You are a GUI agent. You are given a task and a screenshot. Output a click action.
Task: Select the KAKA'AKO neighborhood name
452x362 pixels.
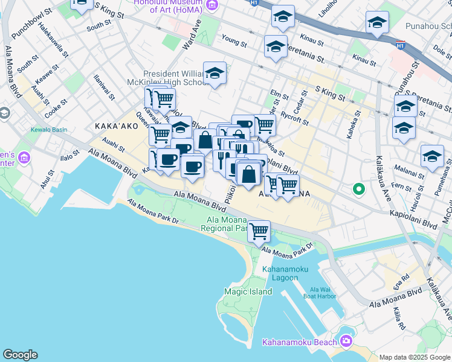click(113, 126)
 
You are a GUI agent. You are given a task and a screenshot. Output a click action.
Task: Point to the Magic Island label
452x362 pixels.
click(248, 291)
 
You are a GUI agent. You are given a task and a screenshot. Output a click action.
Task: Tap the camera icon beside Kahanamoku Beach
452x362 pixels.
click(346, 341)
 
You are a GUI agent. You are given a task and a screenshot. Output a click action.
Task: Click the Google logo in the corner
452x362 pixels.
click(20, 355)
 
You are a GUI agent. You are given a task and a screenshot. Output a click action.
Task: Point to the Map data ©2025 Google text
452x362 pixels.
click(415, 357)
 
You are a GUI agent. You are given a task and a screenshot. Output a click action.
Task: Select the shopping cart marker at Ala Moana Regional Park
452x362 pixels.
click(259, 230)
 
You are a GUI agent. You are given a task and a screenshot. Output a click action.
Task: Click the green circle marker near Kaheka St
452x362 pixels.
click(358, 189)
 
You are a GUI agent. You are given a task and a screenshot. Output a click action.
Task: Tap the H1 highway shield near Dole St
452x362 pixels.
click(400, 45)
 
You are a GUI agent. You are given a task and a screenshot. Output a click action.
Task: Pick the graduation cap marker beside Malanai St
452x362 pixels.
click(431, 156)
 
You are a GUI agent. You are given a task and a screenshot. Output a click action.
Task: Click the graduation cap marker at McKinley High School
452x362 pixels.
click(215, 74)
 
